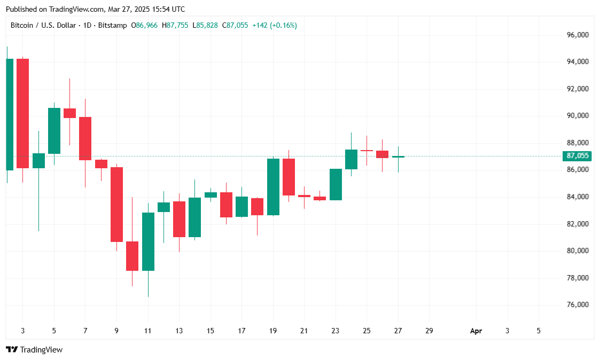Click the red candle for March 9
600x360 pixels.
[116, 205]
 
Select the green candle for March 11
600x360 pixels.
[148, 241]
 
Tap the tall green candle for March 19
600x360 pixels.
[273, 187]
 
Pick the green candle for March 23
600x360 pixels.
[336, 184]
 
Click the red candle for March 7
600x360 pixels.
[85, 138]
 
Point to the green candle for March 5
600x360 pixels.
[54, 131]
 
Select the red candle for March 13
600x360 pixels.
[179, 219]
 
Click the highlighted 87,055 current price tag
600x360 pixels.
[578, 156]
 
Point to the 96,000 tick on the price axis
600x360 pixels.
[578, 35]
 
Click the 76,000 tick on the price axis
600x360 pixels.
[578, 305]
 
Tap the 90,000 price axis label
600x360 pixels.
[578, 116]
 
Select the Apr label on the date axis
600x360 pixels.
[476, 331]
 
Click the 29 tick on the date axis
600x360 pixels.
[429, 331]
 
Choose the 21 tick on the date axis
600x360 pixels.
[304, 331]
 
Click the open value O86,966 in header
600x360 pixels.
[144, 25]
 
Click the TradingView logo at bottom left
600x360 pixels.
[34, 350]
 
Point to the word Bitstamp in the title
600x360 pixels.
[112, 25]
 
